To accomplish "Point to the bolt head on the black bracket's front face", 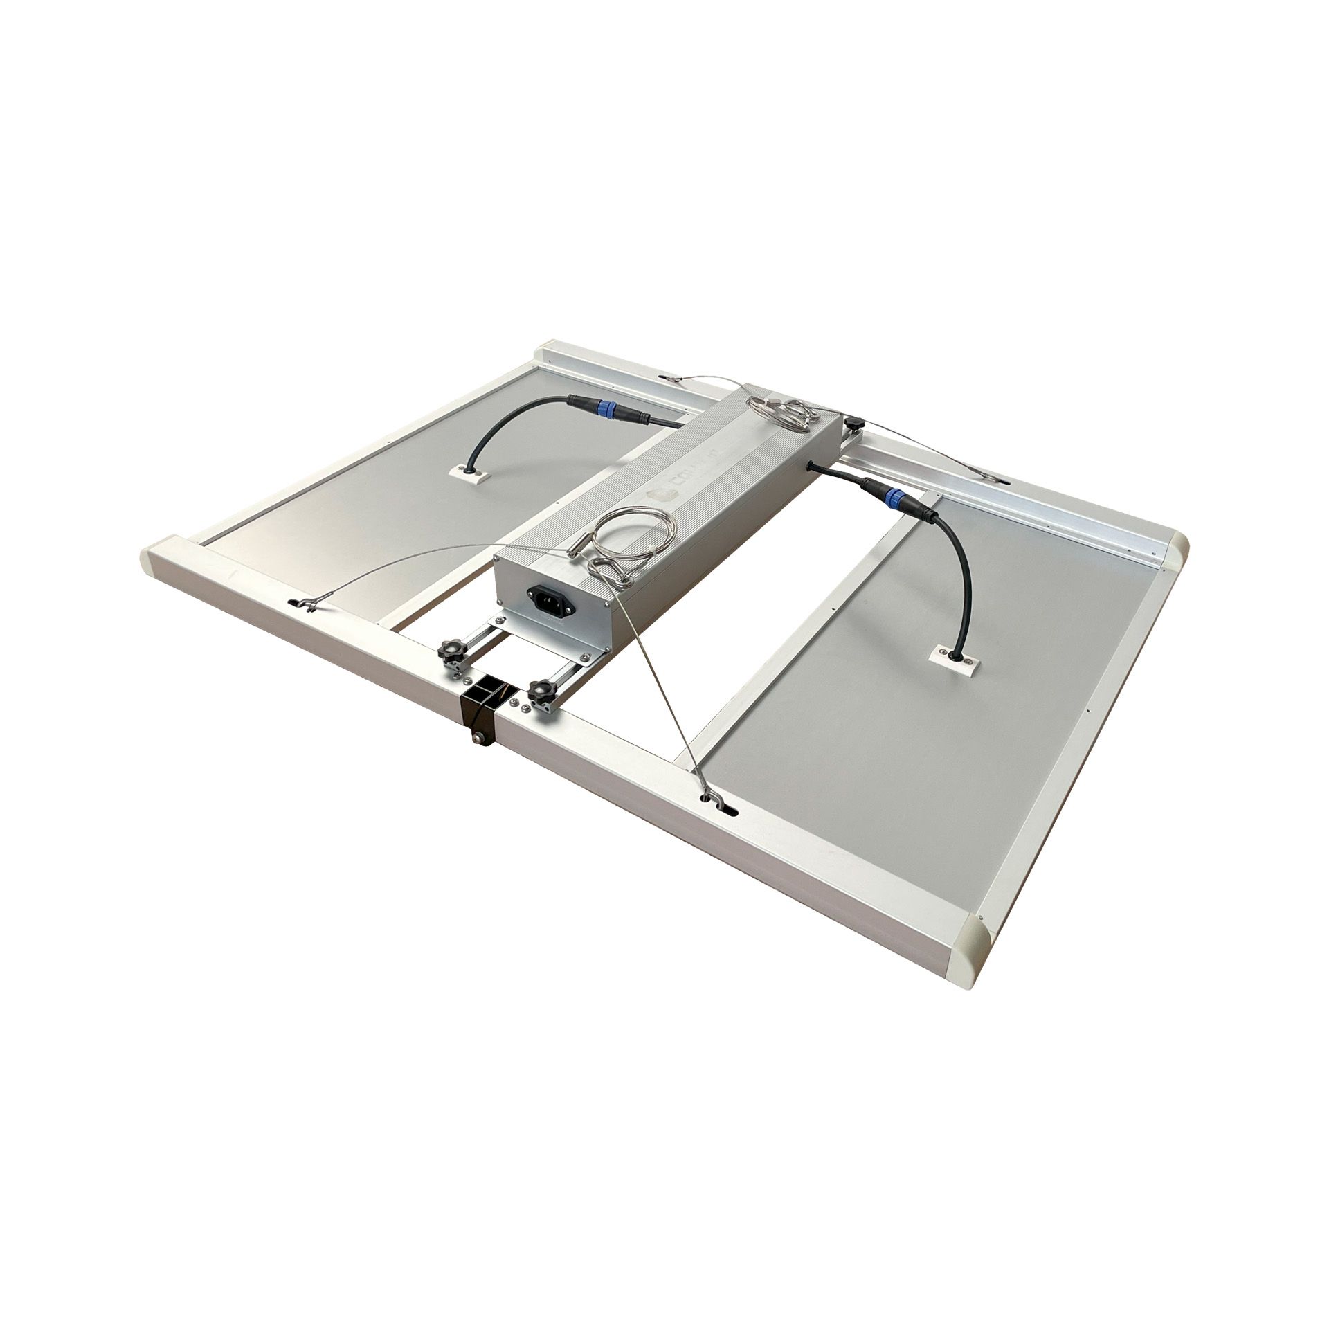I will click(x=477, y=739).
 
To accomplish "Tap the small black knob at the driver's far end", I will click(x=856, y=422).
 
